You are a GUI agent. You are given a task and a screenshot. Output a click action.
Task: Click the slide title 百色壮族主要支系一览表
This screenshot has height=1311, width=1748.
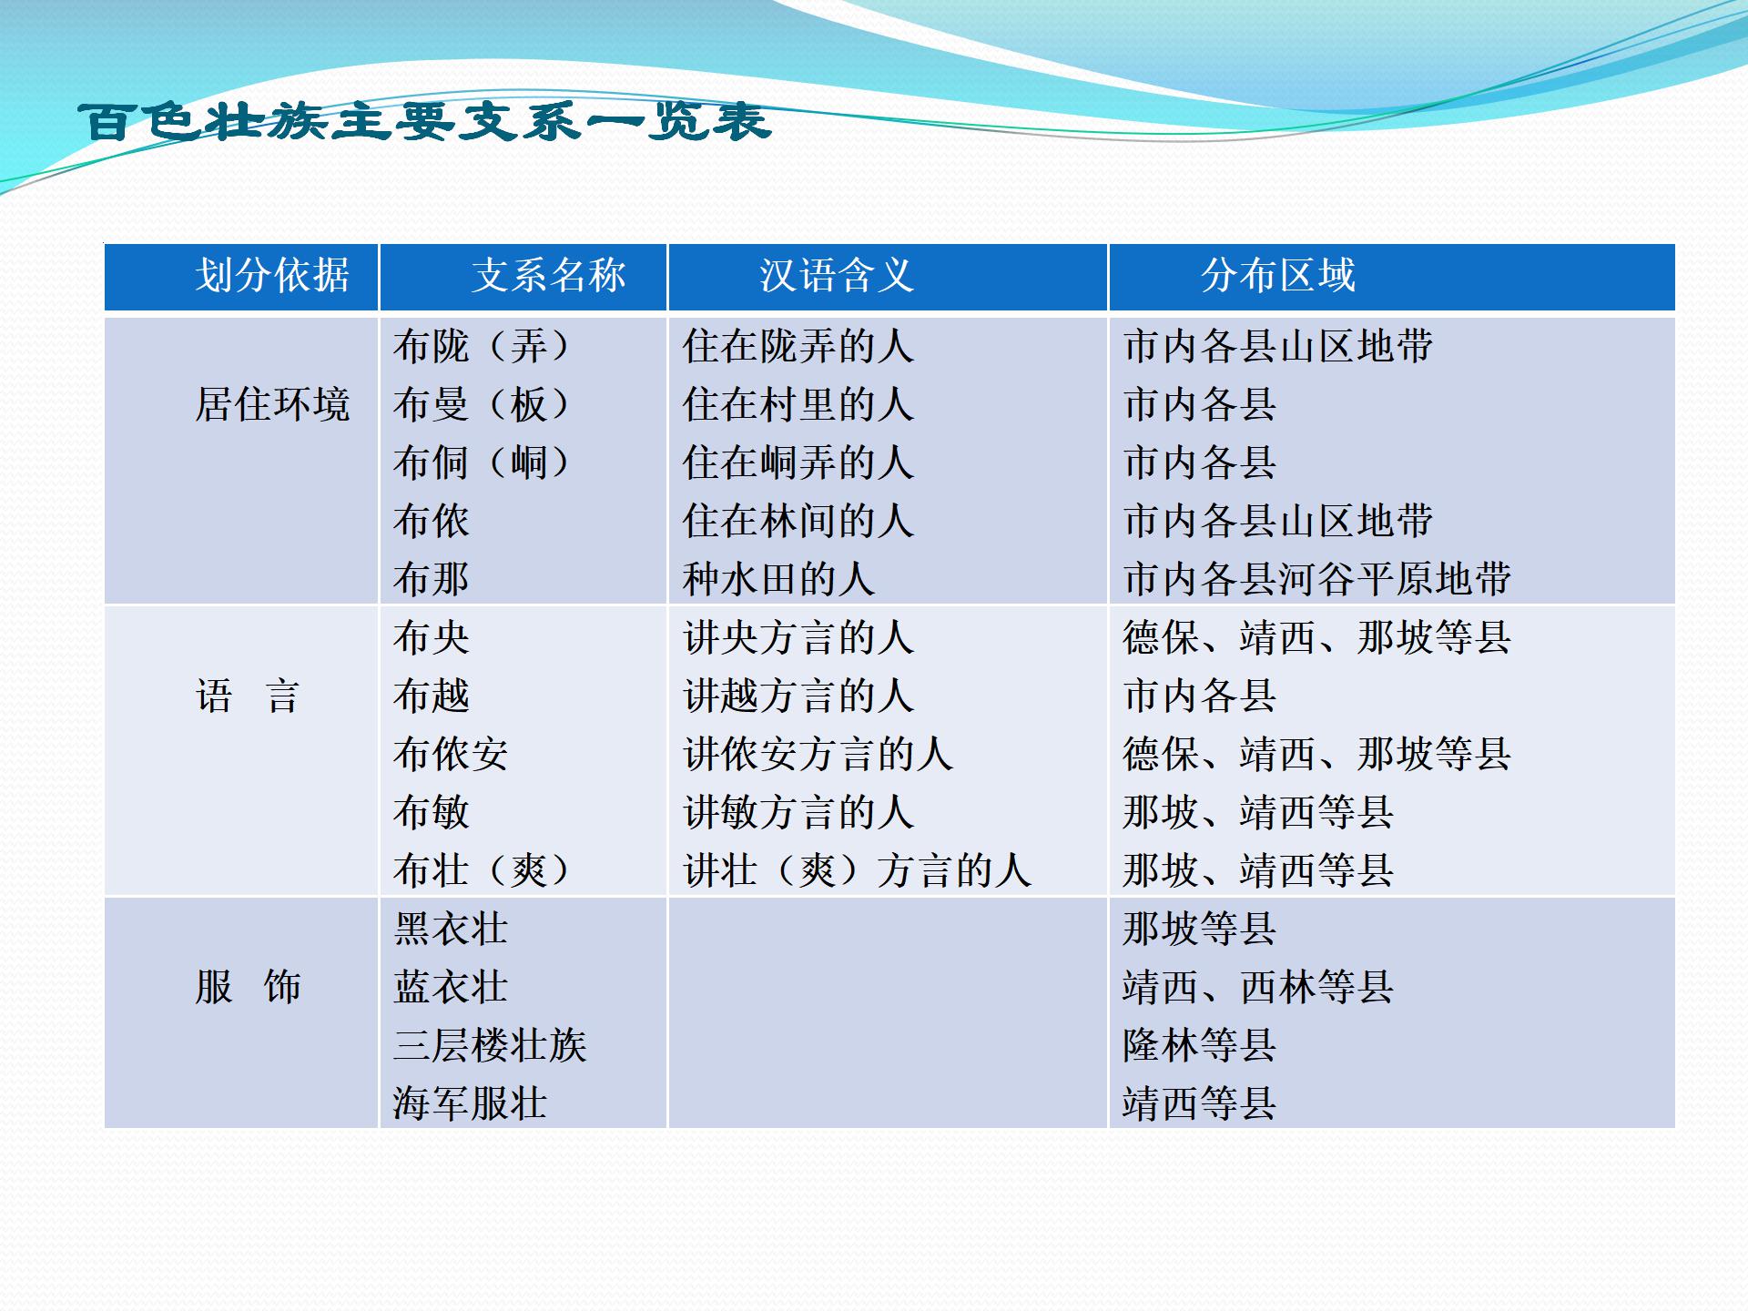click(x=425, y=121)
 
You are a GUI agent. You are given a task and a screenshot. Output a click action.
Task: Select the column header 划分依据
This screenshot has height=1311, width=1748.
click(x=272, y=275)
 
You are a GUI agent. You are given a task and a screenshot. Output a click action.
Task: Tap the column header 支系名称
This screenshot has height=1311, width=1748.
click(x=549, y=275)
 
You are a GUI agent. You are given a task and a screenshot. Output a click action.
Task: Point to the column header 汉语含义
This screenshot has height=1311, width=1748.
click(x=837, y=275)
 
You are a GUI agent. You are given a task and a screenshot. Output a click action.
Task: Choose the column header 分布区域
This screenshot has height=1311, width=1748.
click(x=1278, y=275)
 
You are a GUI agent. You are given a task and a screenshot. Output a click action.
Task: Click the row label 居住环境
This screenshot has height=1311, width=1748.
click(x=272, y=404)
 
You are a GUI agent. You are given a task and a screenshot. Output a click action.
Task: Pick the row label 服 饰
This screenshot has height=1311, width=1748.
click(x=248, y=987)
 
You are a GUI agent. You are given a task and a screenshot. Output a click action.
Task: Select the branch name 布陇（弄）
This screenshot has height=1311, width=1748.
click(x=483, y=346)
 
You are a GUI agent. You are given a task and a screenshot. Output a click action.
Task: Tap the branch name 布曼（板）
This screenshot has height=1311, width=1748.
click(x=483, y=404)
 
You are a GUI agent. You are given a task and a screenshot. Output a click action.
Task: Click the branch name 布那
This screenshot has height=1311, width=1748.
click(x=432, y=579)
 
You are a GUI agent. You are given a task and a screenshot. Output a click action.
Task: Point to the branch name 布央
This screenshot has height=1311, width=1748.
click(x=432, y=637)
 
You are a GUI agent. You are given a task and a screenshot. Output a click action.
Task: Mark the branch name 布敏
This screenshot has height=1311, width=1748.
click(x=432, y=812)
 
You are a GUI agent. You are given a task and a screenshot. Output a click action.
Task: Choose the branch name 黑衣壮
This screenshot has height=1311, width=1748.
click(x=451, y=929)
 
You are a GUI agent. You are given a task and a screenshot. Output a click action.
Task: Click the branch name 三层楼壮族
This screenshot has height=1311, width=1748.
click(x=490, y=1045)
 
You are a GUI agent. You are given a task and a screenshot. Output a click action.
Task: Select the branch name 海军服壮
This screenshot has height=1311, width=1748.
click(x=470, y=1103)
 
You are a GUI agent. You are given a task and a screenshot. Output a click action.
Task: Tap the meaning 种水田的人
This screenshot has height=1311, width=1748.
click(x=779, y=579)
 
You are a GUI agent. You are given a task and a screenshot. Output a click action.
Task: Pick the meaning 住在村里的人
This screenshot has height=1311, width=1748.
click(x=798, y=404)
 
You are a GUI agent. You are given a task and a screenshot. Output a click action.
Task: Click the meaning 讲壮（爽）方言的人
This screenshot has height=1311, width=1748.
click(x=858, y=870)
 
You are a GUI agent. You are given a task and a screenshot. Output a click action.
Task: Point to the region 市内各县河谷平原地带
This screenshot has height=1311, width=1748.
click(x=1317, y=579)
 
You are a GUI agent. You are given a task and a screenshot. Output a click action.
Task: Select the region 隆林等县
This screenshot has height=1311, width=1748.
click(x=1200, y=1045)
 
